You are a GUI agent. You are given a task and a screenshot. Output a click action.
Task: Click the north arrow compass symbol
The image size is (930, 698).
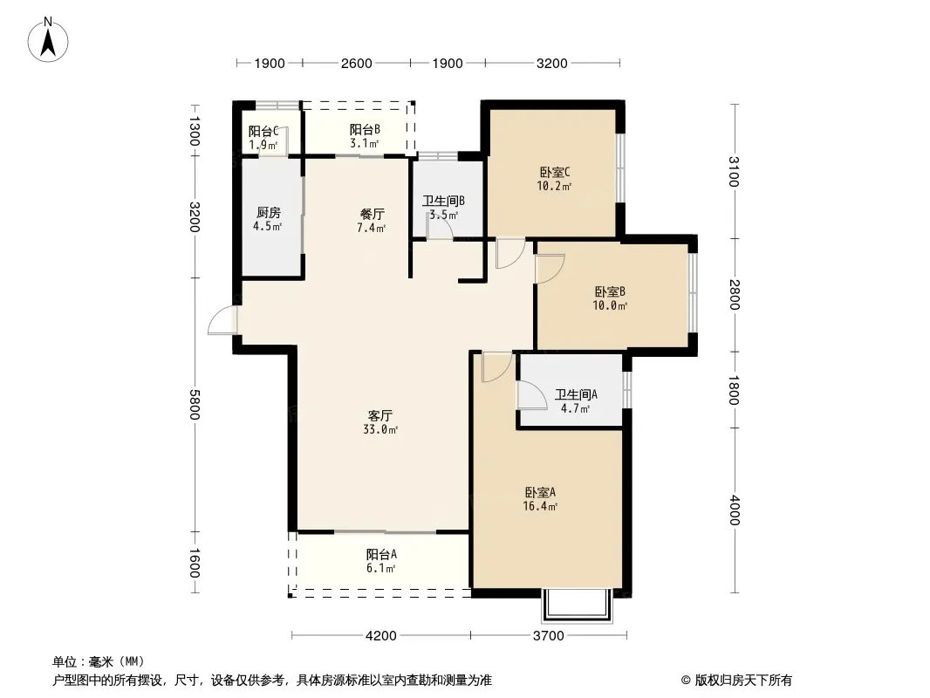[48, 39]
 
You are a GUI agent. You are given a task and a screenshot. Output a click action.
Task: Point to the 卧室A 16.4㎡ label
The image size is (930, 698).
[540, 499]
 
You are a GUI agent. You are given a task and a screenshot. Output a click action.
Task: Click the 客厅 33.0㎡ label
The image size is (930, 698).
[380, 422]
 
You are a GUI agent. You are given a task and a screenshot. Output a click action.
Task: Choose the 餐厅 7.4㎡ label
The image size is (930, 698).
[372, 221]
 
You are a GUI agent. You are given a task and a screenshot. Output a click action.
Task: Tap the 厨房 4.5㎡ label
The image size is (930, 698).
[268, 219]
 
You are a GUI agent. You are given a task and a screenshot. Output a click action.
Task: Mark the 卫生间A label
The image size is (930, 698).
[576, 394]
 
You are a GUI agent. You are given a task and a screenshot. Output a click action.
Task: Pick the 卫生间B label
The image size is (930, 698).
[443, 201]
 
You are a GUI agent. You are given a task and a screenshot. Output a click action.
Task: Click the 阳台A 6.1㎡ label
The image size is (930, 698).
[380, 561]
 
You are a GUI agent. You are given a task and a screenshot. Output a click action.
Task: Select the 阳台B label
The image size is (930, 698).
[365, 129]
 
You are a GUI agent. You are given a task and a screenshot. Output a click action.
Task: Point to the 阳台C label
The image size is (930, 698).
[263, 131]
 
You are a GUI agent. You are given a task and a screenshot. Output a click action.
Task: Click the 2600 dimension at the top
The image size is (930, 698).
[357, 64]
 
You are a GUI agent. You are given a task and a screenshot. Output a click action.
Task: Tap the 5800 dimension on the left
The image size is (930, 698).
[195, 405]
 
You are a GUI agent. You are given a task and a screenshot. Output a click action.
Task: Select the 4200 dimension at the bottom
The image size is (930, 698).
[380, 636]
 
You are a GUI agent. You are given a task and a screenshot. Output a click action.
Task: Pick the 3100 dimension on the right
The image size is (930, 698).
[734, 171]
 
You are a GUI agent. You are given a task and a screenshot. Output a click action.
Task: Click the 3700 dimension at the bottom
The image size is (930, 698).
[548, 636]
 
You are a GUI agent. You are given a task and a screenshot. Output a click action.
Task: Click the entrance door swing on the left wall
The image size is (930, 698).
[222, 320]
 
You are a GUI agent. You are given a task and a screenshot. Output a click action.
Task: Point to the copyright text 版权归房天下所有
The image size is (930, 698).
[743, 681]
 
